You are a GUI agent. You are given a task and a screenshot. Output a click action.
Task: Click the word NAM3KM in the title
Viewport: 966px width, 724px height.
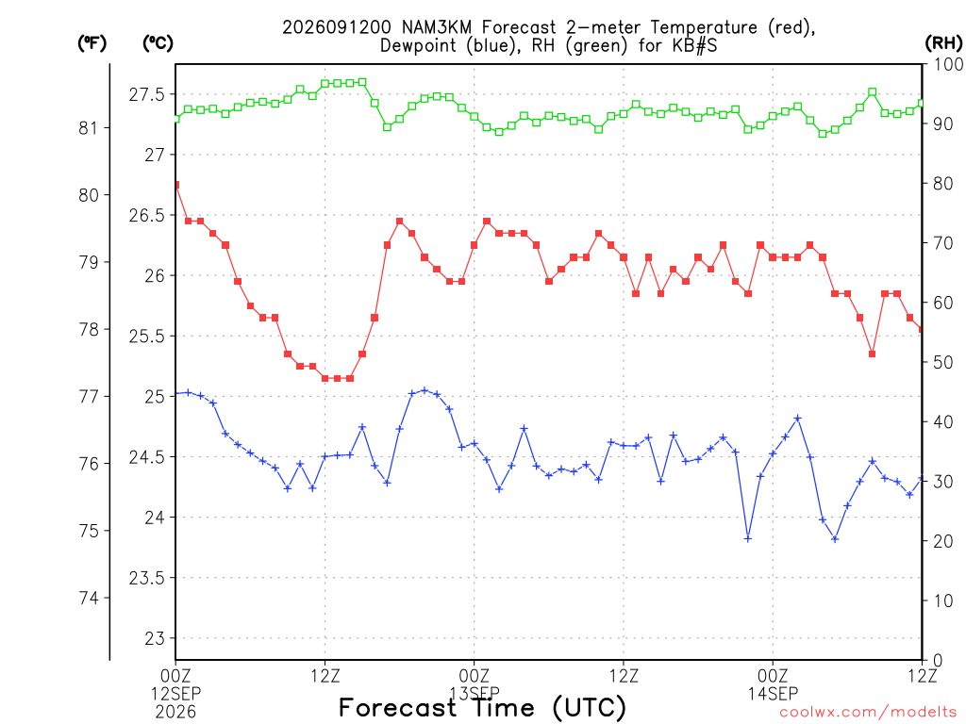point(436,27)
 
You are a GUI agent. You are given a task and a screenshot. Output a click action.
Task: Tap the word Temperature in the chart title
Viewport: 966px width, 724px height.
point(704,27)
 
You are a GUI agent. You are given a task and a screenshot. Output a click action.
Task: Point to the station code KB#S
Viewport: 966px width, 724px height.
point(693,46)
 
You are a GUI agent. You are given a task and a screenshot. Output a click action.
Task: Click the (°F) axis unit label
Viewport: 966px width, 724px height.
point(92,43)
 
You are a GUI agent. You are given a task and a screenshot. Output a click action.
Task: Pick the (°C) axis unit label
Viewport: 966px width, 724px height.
point(158,43)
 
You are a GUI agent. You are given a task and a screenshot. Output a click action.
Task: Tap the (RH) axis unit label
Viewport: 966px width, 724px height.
point(943,43)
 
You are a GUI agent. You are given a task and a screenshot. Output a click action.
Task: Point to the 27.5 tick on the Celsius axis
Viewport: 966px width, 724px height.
point(146,95)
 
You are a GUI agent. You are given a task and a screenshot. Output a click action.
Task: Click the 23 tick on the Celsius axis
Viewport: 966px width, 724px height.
point(156,638)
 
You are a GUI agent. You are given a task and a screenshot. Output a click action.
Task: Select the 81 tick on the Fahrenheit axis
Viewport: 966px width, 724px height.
point(89,128)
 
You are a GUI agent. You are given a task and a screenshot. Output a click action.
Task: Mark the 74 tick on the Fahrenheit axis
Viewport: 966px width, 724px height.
point(89,598)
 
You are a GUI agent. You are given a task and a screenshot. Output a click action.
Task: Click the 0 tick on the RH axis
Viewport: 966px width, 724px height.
point(938,661)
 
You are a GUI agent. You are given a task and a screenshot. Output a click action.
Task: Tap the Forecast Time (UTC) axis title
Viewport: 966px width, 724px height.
point(482,708)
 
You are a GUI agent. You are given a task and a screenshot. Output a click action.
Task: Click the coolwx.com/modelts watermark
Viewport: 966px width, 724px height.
point(868,713)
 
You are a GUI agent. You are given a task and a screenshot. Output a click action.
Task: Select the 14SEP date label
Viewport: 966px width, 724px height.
point(774,694)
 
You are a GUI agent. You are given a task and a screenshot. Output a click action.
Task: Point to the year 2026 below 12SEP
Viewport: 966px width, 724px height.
point(175,713)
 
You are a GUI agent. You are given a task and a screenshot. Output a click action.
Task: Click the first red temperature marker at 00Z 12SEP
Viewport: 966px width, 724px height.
point(176,185)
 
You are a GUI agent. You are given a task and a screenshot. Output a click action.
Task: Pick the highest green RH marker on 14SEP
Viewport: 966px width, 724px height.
point(873,92)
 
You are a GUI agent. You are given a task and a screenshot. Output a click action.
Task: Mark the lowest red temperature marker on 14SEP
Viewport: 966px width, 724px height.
point(873,354)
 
